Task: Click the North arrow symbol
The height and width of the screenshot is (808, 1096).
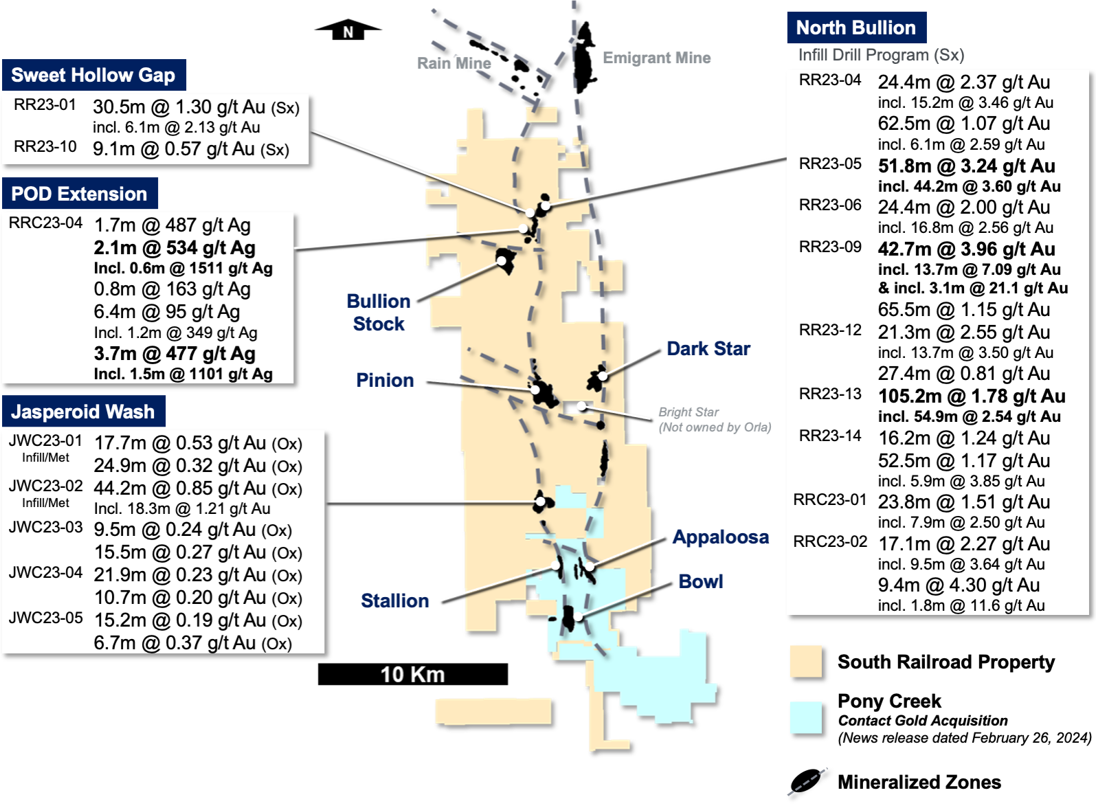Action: point(348,30)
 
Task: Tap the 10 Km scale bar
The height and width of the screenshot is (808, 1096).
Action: point(412,674)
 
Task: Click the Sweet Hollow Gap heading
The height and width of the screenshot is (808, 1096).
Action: point(93,75)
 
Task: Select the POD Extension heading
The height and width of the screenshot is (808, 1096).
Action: point(80,194)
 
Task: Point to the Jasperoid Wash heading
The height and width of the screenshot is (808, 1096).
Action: point(83,412)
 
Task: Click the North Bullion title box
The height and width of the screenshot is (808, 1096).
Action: point(855,27)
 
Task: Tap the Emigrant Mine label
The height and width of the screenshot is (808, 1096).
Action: point(656,58)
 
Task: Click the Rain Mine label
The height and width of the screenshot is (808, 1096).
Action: point(454,63)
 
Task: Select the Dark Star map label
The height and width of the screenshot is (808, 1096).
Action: point(708,349)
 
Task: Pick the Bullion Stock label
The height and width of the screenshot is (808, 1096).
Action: point(379,313)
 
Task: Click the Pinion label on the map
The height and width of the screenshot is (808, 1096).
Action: point(385,381)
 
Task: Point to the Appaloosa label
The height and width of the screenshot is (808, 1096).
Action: point(720,537)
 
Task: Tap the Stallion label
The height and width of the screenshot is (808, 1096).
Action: point(394,601)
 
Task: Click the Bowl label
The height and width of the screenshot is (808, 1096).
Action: point(700,582)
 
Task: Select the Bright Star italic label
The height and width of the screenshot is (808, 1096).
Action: point(689,412)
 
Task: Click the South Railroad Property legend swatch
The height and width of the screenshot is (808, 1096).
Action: point(806,662)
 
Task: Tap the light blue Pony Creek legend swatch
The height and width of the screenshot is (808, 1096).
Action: point(806,718)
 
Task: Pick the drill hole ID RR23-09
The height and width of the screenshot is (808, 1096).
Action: point(829,247)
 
